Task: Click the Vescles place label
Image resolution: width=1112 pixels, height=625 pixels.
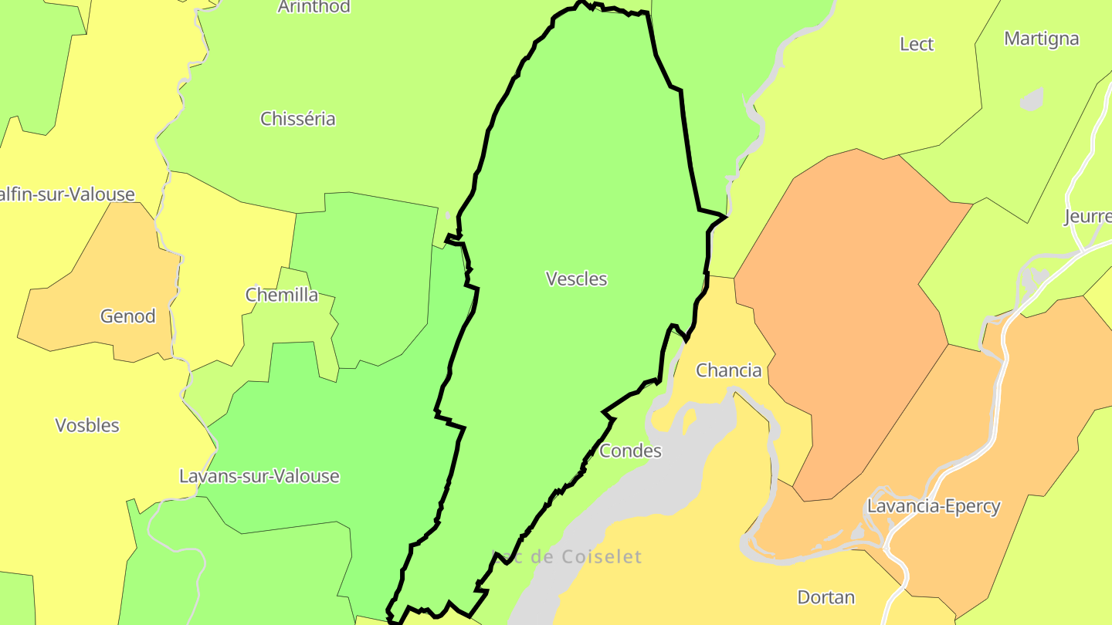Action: (576, 279)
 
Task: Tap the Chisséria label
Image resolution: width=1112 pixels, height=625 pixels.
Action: (297, 119)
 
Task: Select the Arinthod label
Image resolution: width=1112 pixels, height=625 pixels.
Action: (314, 7)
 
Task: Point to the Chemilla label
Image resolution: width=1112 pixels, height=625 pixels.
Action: (281, 295)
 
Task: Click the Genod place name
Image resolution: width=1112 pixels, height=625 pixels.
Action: (127, 316)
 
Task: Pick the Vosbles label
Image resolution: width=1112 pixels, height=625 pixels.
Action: (87, 425)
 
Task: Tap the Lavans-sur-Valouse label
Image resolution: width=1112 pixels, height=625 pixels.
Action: (259, 476)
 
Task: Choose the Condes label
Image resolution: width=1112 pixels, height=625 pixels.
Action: (630, 451)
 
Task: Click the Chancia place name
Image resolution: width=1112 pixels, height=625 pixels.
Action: (728, 370)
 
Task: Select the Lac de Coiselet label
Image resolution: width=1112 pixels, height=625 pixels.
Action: (568, 557)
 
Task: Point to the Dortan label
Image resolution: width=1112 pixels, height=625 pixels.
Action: (826, 597)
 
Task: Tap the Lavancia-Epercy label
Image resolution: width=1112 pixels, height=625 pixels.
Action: (934, 507)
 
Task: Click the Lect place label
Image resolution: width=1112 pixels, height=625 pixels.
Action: (917, 44)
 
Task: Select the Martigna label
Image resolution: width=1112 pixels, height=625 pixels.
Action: (1041, 39)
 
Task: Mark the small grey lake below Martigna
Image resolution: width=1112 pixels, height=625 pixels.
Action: (1032, 100)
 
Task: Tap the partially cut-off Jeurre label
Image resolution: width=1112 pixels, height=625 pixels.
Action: (1087, 216)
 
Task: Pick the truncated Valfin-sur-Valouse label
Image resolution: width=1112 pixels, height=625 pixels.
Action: (67, 194)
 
